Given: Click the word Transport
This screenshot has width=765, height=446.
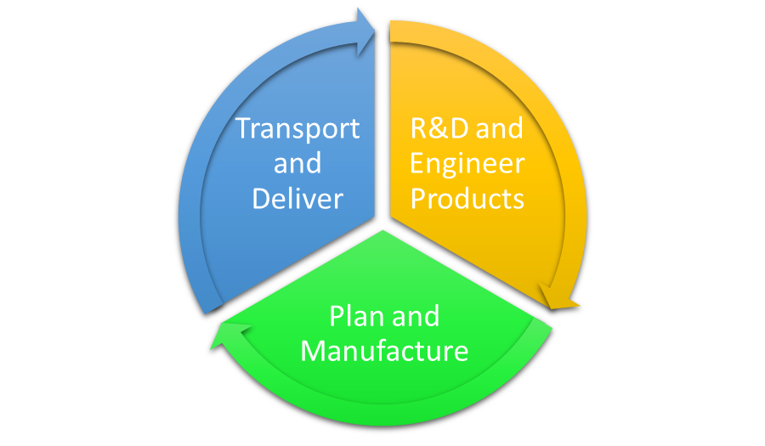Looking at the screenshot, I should [x=297, y=128].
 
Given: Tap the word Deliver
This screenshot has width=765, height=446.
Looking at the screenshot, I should [x=297, y=198].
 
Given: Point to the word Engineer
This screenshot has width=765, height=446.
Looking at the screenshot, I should [x=467, y=164].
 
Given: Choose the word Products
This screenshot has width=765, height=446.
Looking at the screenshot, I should [x=467, y=198].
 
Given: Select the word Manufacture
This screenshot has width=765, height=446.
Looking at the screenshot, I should [x=384, y=350].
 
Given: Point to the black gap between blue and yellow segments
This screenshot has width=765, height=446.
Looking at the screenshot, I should [x=382, y=127].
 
